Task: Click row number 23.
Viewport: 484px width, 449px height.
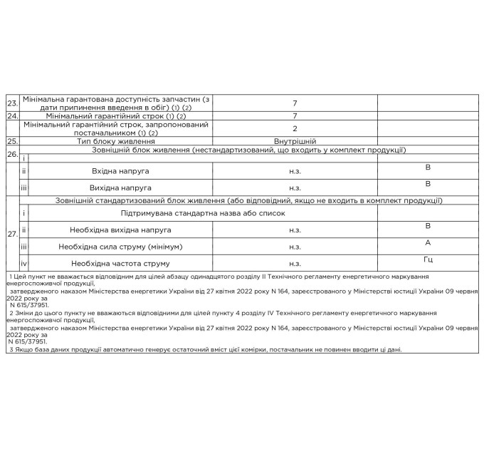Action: point(12,103)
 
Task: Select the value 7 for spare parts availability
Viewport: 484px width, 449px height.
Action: point(295,103)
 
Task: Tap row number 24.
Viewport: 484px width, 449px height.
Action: point(12,115)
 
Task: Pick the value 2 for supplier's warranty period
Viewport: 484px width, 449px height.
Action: point(295,128)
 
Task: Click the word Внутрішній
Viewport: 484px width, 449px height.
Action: point(295,141)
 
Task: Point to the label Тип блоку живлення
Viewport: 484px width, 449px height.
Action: point(117,141)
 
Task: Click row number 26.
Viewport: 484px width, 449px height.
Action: point(12,153)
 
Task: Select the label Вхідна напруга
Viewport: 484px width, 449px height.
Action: point(121,172)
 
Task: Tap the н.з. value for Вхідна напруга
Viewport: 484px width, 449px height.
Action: point(295,172)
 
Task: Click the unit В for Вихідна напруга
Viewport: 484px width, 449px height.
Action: point(428,183)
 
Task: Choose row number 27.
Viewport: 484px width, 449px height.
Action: point(12,233)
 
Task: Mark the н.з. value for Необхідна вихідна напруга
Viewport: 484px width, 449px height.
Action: point(295,231)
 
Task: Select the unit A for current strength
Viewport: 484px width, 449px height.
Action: point(428,242)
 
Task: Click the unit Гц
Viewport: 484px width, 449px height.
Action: point(428,259)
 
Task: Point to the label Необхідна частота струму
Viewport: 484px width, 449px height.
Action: point(120,264)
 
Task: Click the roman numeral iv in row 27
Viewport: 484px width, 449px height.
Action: point(23,264)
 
